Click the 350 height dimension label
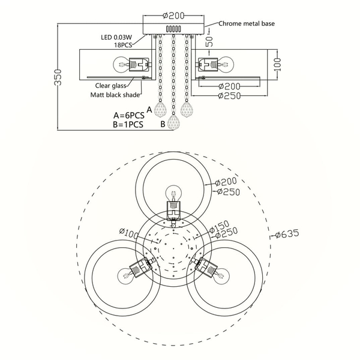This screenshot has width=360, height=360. point(58,77)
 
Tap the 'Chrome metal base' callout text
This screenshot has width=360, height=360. point(247,23)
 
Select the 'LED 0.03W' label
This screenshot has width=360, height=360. point(116,37)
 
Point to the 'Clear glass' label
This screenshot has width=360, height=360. point(110,86)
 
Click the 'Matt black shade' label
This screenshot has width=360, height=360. point(115,95)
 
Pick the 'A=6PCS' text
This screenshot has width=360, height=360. point(129,115)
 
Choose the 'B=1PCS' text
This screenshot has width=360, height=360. point(128,125)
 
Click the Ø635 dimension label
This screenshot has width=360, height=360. point(287,234)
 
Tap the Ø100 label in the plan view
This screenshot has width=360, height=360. point(129,234)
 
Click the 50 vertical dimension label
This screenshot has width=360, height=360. point(209,41)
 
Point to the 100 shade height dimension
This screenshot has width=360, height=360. point(277,65)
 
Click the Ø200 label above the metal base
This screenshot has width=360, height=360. point(173,16)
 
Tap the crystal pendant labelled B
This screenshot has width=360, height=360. point(173,122)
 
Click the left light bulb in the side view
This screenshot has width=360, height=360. point(121,65)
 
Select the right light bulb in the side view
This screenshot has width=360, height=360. point(226,65)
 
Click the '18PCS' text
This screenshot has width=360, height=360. point(123,45)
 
